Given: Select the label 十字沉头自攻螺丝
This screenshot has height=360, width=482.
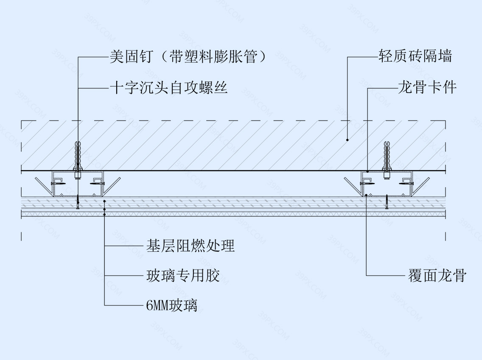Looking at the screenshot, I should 168,88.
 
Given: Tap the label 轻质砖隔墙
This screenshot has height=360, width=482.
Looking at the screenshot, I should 415,56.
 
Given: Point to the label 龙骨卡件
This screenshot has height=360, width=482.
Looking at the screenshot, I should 427,88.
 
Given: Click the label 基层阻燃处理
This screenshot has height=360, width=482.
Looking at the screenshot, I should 190,246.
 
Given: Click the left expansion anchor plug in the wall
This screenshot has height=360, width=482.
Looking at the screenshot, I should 77,155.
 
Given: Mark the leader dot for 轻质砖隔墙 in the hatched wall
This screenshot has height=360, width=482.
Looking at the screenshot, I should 347,139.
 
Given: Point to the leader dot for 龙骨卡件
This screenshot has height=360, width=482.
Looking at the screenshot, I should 367,172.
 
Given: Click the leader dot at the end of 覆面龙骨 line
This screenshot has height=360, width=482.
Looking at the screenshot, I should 366,195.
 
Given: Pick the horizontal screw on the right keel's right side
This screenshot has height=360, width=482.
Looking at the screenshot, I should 407,183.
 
